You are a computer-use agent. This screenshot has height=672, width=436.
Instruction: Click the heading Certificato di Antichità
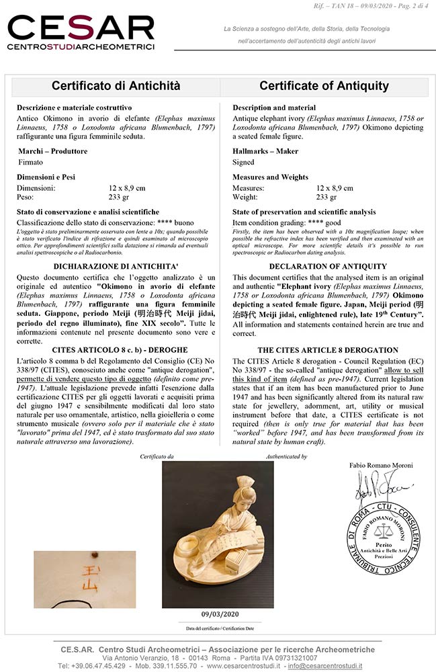116,86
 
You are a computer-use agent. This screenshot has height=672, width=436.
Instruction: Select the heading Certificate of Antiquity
324,86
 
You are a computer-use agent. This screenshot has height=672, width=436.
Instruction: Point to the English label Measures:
249,188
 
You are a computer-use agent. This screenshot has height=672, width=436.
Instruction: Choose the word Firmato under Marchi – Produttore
30,162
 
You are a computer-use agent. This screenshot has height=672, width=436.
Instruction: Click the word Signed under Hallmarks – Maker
243,162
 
